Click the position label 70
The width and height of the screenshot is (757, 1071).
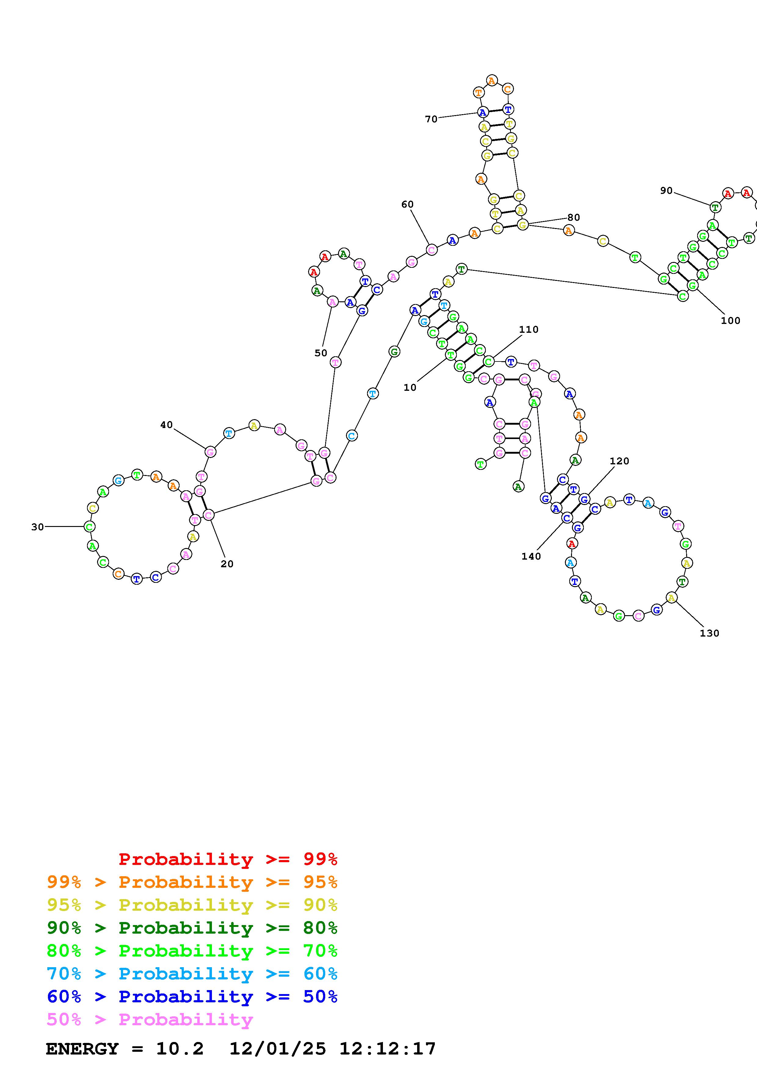[431, 119]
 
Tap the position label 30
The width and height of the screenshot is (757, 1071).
[37, 527]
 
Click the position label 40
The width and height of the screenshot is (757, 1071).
[166, 425]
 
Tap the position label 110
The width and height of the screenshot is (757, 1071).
[529, 329]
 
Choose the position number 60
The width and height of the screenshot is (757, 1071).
[407, 204]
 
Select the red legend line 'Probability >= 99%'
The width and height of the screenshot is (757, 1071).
[227, 859]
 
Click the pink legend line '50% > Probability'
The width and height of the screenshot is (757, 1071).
[149, 1020]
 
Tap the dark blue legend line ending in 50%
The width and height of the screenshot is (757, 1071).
[192, 997]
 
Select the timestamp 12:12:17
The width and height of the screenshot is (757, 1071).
[387, 1049]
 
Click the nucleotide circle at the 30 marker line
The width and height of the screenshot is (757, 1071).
[89, 527]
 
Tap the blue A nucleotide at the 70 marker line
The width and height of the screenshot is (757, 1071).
[483, 112]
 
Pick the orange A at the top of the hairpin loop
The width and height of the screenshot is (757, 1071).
[492, 81]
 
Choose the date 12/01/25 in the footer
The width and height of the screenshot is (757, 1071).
[278, 1049]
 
